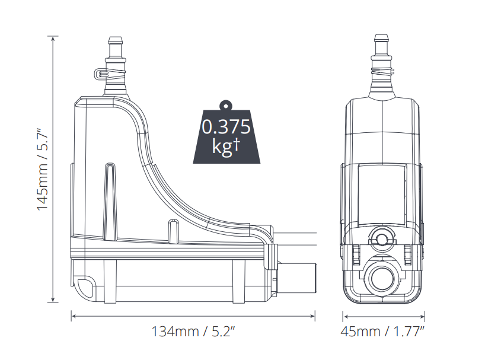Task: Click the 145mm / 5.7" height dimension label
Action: (x=43, y=170)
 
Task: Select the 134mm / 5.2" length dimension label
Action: (x=193, y=331)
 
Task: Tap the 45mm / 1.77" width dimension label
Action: (x=382, y=331)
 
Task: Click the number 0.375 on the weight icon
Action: (x=226, y=126)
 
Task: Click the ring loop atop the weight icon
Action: (x=226, y=104)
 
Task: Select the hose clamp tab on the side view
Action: (x=101, y=74)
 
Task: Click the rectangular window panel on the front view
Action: (x=382, y=195)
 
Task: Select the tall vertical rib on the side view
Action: (x=110, y=202)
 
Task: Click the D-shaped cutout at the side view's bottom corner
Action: (x=85, y=285)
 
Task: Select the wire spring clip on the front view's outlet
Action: (x=382, y=71)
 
